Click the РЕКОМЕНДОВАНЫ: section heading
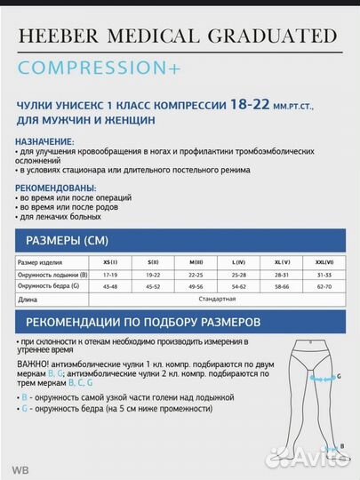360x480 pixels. click(x=55, y=188)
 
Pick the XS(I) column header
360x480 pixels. click(x=110, y=263)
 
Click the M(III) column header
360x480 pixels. click(x=197, y=263)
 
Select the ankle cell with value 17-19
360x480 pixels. click(x=110, y=275)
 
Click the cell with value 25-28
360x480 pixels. click(x=239, y=275)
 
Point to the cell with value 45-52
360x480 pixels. click(x=153, y=286)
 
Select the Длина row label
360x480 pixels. click(x=28, y=300)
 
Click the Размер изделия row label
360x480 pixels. click(x=39, y=263)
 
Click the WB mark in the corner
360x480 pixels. click(x=17, y=468)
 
